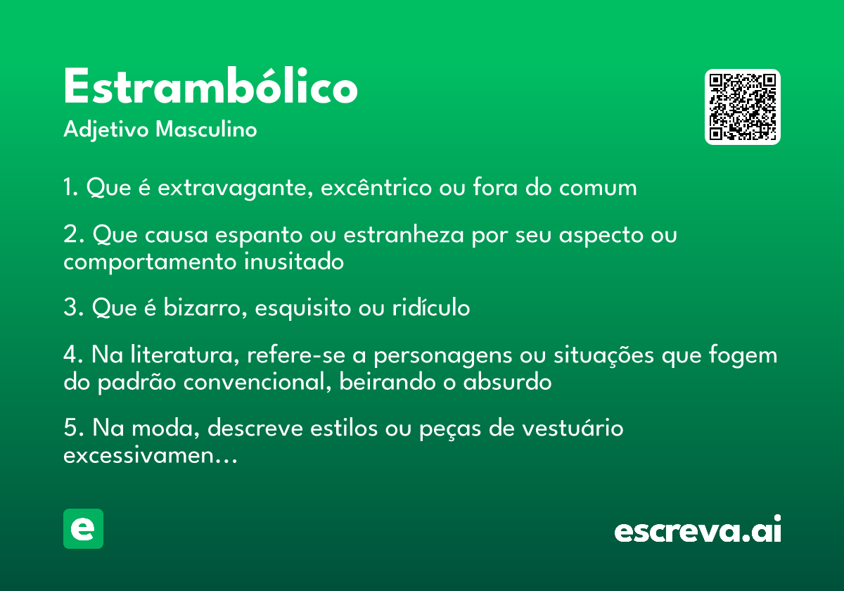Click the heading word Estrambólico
point(210,86)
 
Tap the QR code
point(742,107)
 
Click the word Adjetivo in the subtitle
point(106,130)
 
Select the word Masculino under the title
point(206,129)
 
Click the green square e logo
point(83,528)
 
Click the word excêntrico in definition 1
point(376,187)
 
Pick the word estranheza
point(404,234)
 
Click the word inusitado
point(294,261)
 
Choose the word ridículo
point(431,307)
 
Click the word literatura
point(185,355)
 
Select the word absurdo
point(508,382)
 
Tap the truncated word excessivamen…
point(151,456)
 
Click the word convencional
point(257,383)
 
